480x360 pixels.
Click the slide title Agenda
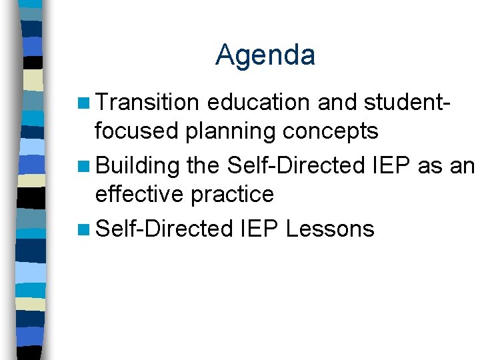click(x=265, y=55)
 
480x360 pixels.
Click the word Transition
click(x=147, y=103)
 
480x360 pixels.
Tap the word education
click(x=258, y=103)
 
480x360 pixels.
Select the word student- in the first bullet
click(x=408, y=103)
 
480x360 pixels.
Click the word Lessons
click(x=330, y=229)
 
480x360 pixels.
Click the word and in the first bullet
click(x=337, y=103)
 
